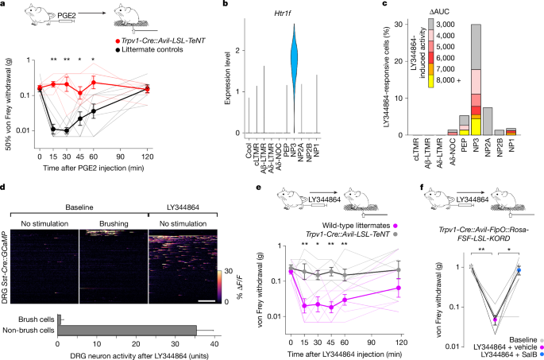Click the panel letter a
coord(4,5)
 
